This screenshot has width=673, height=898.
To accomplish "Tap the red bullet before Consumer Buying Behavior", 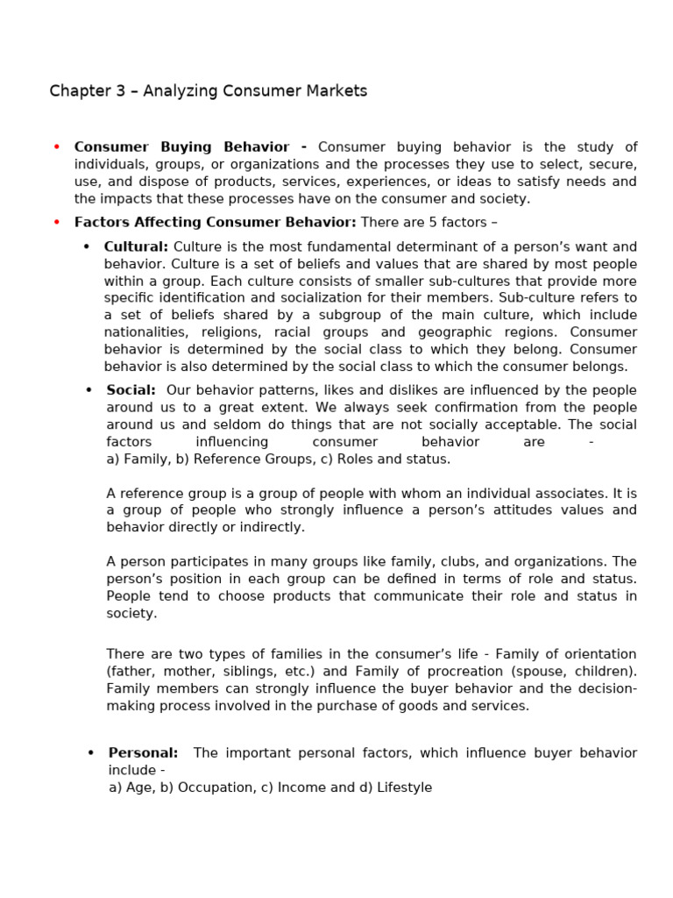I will click(57, 147).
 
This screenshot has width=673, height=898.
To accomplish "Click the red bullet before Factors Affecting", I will click(57, 223).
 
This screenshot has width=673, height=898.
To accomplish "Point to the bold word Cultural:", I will click(136, 247).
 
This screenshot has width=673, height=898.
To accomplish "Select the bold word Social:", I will click(131, 390).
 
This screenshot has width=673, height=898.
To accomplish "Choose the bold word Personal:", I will click(143, 753).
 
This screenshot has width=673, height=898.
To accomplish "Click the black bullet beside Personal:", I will click(90, 753).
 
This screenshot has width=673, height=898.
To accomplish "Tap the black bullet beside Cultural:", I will click(87, 247).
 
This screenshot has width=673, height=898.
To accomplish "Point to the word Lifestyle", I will click(404, 788).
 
